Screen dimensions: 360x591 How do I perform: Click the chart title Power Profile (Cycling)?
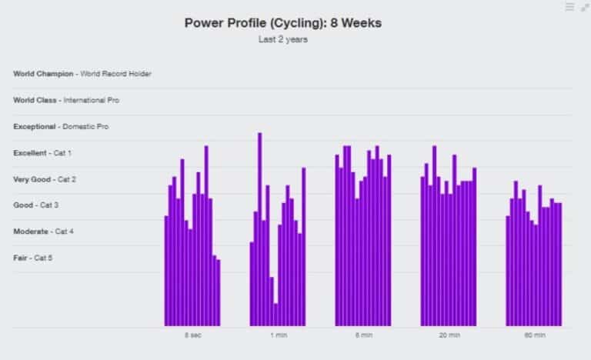pos(282,23)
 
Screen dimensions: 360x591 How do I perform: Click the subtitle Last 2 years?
pos(282,39)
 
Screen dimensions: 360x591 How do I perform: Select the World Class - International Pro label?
pos(66,100)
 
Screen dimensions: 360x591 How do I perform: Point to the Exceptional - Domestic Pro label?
pos(61,126)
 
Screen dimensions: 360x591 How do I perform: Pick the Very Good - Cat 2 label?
pos(45,179)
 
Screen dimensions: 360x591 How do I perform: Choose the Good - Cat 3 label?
pos(35,205)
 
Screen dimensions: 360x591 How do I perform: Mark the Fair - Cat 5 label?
pos(33,258)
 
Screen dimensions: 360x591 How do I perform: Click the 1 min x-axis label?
pos(278,335)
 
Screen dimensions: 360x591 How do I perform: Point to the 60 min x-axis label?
pos(534,335)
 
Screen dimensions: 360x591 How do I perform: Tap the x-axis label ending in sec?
pos(193,335)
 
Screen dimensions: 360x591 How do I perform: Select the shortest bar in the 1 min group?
pos(275,315)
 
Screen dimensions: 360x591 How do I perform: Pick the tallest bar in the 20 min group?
pos(435,235)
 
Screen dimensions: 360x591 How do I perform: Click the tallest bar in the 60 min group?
pos(516,254)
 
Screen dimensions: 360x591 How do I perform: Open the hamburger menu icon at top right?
pos(569,7)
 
